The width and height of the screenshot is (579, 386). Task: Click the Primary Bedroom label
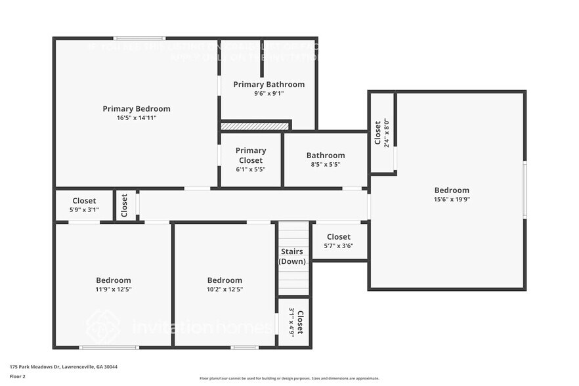137,109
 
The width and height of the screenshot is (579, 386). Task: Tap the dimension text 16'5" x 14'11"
137,118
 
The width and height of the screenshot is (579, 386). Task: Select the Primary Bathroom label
268,84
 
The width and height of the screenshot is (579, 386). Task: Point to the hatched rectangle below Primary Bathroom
255,125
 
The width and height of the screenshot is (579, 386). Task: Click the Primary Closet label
251,155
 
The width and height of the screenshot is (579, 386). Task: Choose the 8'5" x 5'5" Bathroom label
325,160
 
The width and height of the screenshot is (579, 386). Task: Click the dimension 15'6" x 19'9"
451,200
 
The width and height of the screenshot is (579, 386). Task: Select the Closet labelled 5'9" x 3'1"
84,205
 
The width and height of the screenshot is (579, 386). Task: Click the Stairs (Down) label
292,256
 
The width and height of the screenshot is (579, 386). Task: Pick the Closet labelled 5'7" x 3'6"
338,241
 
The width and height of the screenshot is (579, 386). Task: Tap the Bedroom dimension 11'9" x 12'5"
114,289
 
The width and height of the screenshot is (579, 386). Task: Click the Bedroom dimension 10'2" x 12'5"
225,289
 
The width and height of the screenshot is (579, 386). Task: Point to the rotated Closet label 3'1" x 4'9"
295,322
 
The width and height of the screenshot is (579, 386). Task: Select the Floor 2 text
18,376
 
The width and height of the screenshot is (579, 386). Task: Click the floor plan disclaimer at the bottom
289,378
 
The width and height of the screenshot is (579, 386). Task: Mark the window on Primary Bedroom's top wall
139,39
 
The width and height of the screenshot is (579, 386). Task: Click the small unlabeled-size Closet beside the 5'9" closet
125,205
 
